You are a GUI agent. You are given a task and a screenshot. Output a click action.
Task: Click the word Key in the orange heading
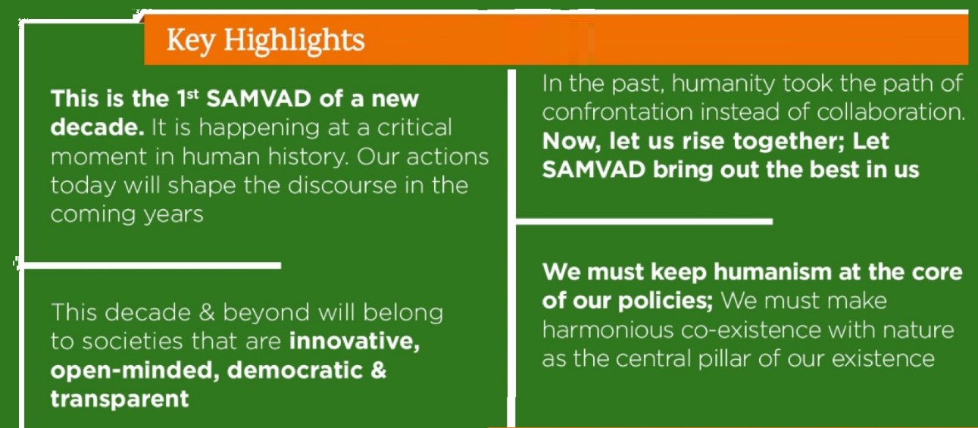click(x=190, y=41)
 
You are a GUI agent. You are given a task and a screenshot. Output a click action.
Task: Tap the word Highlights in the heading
click(x=294, y=41)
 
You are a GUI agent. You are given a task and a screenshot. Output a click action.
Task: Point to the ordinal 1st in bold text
click(x=188, y=98)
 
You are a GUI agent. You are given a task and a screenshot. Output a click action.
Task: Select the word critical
click(x=414, y=127)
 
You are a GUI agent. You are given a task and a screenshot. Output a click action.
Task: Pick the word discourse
click(x=342, y=185)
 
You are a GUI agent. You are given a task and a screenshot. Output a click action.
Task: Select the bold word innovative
click(x=355, y=341)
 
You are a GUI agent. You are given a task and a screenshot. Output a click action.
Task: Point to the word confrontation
click(x=617, y=112)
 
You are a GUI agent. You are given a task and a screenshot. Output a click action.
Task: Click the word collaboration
click(x=891, y=112)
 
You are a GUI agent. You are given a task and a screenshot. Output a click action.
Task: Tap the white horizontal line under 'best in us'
click(x=644, y=221)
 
